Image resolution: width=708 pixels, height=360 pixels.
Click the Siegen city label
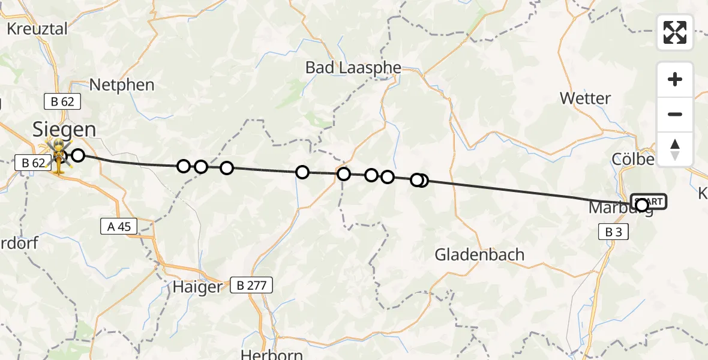64,129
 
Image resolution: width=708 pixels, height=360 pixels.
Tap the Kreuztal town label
37,29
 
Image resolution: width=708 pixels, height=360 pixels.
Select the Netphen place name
122,85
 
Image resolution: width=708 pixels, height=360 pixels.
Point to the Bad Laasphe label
353,67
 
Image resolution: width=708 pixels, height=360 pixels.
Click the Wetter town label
585,98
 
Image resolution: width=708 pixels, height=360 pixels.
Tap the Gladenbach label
480,254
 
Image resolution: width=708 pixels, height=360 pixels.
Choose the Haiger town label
197,287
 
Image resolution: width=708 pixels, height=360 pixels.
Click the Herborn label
272,353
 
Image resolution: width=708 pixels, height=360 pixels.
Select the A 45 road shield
119,226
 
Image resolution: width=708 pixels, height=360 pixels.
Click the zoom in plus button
675,79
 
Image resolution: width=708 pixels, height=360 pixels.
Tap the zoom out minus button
675,114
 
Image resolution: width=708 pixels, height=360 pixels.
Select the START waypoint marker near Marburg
649,202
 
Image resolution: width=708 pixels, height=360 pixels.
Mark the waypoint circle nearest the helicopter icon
78,156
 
